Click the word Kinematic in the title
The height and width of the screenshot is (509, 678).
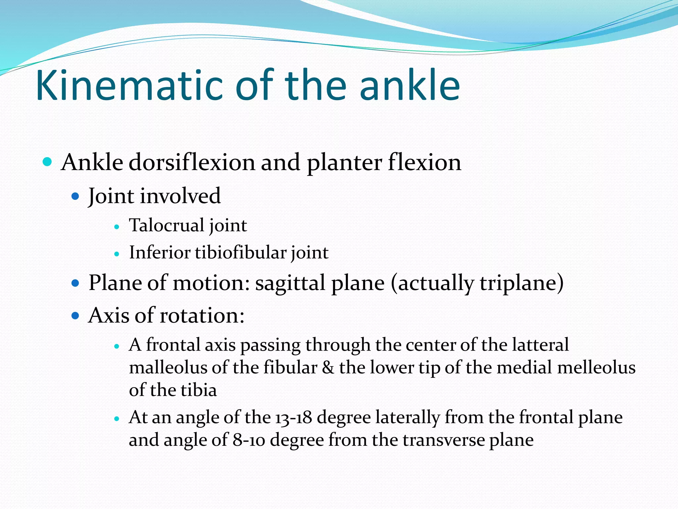129,85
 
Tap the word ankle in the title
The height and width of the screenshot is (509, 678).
410,85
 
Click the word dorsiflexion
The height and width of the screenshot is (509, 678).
192,163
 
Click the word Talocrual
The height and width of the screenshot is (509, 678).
167,225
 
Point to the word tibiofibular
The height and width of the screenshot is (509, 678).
241,253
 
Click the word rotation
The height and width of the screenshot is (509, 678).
202,315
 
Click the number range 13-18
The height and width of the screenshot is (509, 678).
293,418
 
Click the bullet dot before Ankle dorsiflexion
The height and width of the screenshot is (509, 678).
48,162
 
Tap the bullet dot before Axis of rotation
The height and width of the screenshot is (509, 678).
75,316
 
